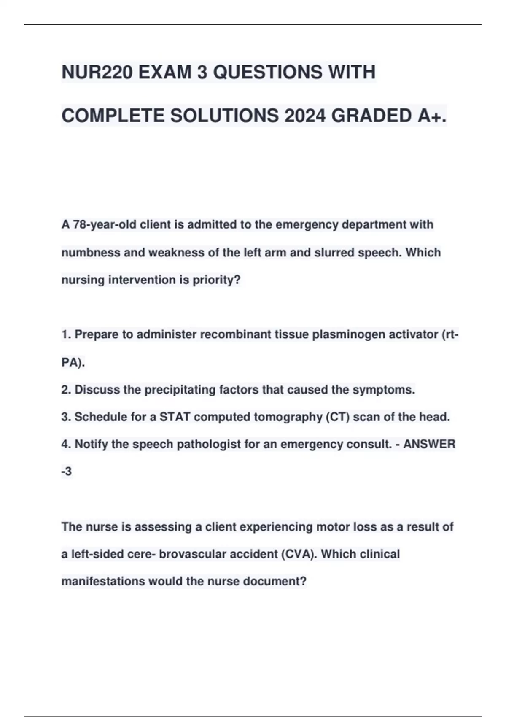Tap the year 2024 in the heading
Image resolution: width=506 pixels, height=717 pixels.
305,116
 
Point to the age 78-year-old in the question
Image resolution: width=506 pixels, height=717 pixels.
105,225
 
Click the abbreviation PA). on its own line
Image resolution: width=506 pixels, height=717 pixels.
73,362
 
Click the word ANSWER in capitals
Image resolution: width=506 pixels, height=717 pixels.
429,445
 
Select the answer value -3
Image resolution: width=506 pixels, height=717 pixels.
67,472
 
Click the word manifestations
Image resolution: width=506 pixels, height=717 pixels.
103,582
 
